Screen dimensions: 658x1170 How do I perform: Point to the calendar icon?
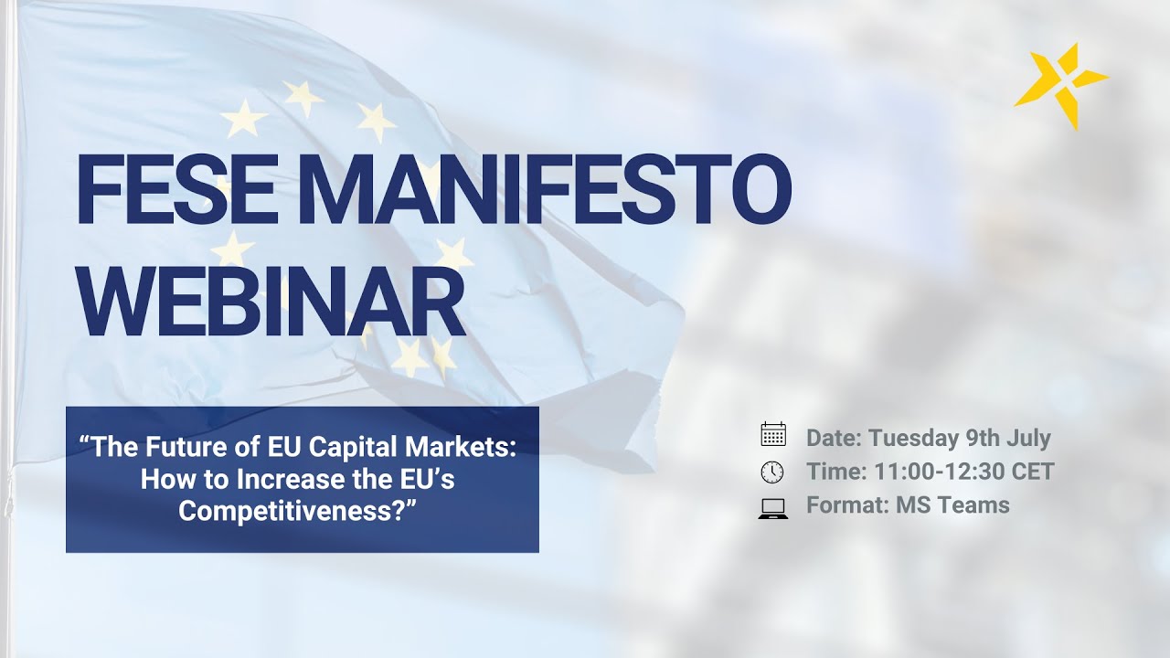pyautogui.click(x=773, y=435)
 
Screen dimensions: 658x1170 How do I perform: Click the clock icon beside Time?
pyautogui.click(x=772, y=472)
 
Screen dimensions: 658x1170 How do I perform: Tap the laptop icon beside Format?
pyautogui.click(x=773, y=507)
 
